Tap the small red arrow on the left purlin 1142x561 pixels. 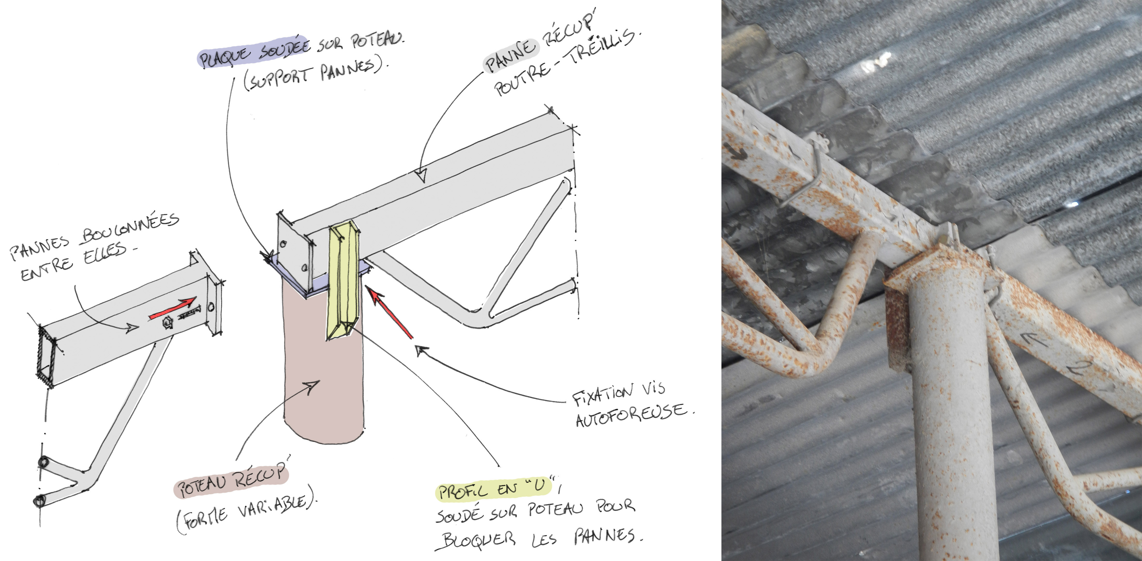pos(172,308)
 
